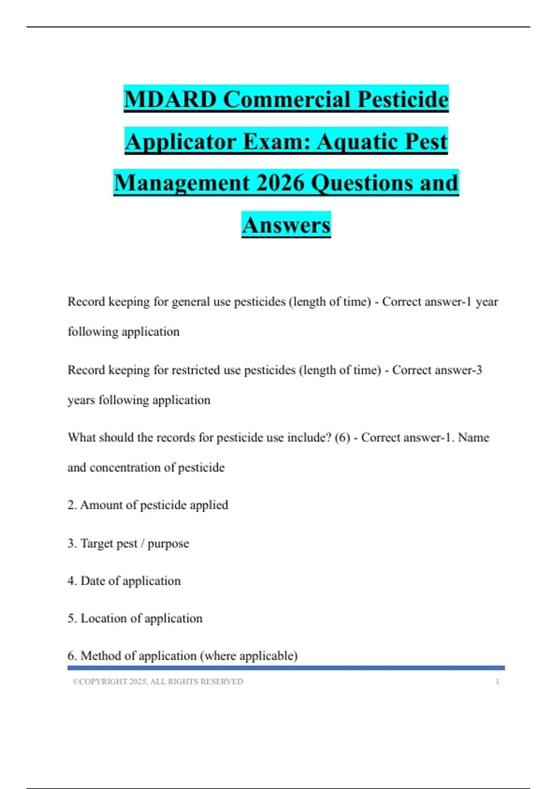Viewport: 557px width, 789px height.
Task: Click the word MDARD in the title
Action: pyautogui.click(x=170, y=99)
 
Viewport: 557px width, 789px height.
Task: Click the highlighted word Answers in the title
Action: pyautogui.click(x=286, y=225)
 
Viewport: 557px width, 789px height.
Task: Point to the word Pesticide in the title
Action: pyautogui.click(x=403, y=99)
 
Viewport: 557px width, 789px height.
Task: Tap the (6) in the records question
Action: pyautogui.click(x=342, y=438)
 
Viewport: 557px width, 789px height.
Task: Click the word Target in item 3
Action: pyautogui.click(x=97, y=543)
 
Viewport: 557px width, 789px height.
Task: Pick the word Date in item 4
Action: pyautogui.click(x=92, y=581)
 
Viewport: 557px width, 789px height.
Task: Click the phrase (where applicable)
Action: pyautogui.click(x=249, y=656)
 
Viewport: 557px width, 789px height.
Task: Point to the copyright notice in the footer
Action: pyautogui.click(x=158, y=682)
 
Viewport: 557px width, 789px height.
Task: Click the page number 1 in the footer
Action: pyautogui.click(x=497, y=682)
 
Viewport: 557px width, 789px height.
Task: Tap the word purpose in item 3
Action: pyautogui.click(x=168, y=544)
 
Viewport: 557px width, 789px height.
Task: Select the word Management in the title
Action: pyautogui.click(x=182, y=183)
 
